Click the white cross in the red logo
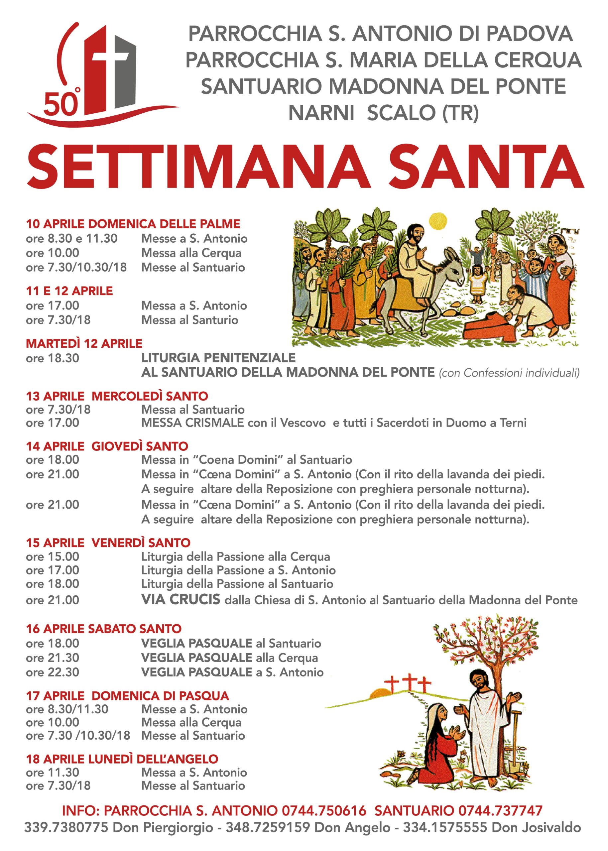[110, 56]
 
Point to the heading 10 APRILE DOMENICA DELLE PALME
[133, 224]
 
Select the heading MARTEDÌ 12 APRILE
[84, 343]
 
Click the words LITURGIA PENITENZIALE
[218, 358]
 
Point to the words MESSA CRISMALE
[192, 423]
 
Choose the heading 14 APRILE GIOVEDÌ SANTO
[107, 446]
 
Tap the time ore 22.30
[53, 672]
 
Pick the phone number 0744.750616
[324, 811]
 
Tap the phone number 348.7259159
[268, 827]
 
